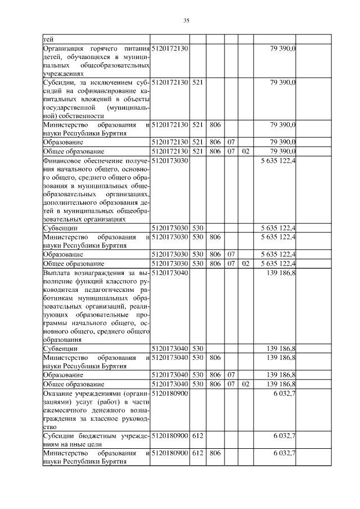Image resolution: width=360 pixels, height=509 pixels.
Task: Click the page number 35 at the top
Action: tap(186, 21)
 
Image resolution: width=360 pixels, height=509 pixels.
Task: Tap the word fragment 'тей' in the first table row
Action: tap(48, 39)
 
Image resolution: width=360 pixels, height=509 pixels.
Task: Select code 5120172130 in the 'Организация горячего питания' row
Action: tap(171, 49)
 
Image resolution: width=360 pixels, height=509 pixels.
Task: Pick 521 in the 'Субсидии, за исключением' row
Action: tap(197, 83)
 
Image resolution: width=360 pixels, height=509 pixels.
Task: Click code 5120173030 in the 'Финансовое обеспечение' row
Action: tap(171, 161)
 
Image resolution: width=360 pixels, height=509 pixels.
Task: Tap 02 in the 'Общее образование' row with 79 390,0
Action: tap(245, 152)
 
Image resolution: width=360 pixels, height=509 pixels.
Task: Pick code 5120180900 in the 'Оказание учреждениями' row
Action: tap(171, 393)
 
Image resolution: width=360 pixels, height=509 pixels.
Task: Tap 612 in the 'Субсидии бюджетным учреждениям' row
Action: tap(197, 436)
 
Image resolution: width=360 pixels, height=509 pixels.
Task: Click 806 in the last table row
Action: tap(214, 453)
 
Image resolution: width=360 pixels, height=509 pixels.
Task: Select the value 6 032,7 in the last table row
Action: tap(285, 453)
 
